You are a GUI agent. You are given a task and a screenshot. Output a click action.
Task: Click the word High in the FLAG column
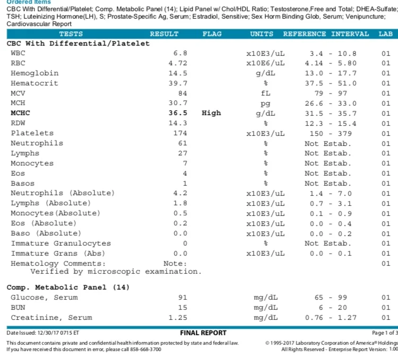tap(211, 113)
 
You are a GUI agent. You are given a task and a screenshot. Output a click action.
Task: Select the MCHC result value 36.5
tap(178, 113)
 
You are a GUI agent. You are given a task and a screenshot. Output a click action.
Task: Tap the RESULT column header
tap(164, 34)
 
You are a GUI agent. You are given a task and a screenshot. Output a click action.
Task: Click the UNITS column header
tap(262, 34)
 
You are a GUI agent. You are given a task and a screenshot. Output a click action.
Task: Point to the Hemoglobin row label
tap(34, 73)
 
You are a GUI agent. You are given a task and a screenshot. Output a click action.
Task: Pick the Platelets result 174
tap(180, 133)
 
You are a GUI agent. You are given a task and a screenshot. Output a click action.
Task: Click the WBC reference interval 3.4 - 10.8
tap(333, 54)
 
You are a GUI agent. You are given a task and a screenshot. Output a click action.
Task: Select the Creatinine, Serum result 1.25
tap(178, 318)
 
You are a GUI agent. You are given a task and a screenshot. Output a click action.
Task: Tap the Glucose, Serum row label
tap(44, 297)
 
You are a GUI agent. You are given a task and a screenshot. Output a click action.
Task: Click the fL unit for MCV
tap(265, 93)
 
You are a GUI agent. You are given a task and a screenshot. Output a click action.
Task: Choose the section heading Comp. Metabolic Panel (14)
tap(68, 287)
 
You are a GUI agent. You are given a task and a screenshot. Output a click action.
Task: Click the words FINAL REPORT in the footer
tap(203, 333)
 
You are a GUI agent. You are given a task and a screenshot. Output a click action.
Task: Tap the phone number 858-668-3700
tap(145, 349)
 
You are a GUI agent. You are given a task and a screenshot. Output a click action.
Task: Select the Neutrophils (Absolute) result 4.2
tap(180, 193)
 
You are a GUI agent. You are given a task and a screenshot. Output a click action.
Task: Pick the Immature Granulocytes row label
tap(60, 243)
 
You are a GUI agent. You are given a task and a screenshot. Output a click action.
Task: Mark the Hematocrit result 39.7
tap(178, 83)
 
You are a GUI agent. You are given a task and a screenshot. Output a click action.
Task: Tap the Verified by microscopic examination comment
tap(116, 271)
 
